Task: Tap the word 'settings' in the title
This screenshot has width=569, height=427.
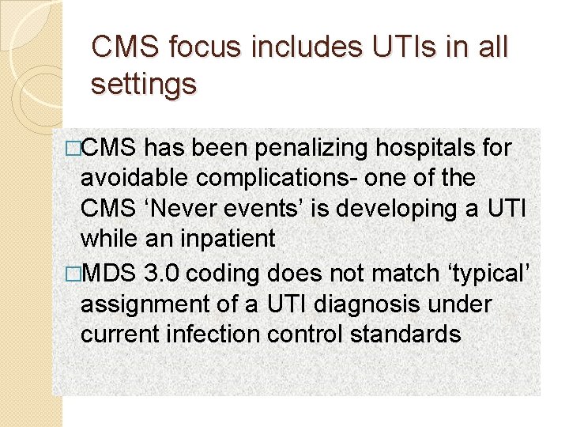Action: [143, 84]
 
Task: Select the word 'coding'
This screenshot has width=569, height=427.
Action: [224, 274]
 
